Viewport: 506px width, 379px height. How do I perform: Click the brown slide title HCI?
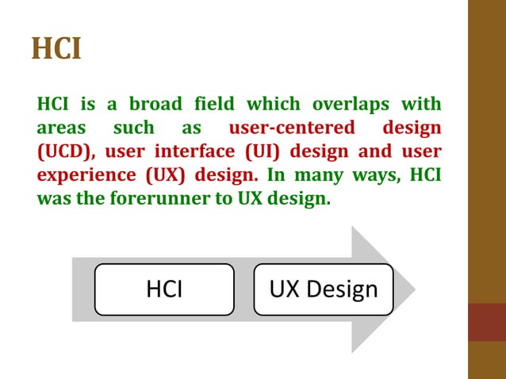pyautogui.click(x=56, y=48)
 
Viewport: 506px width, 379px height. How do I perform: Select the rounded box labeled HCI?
pyautogui.click(x=164, y=289)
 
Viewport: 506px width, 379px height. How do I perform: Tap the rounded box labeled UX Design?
pyautogui.click(x=324, y=289)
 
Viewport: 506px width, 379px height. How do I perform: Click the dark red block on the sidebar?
pyautogui.click(x=487, y=322)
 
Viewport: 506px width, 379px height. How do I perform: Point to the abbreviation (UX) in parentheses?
pyautogui.click(x=163, y=175)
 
